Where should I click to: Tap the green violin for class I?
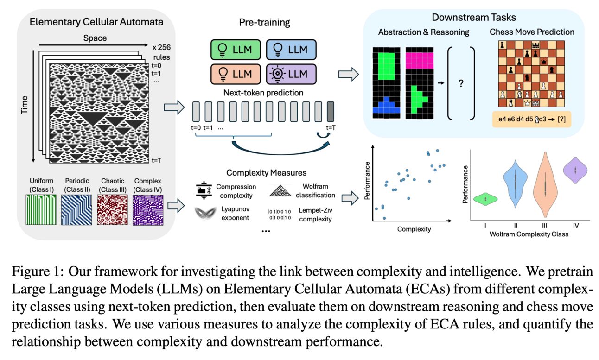pos(484,198)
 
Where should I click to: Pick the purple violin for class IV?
pos(574,170)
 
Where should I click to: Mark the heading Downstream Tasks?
pos(473,18)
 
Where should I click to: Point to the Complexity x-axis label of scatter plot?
pos(414,229)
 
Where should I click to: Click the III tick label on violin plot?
pos(545,226)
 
